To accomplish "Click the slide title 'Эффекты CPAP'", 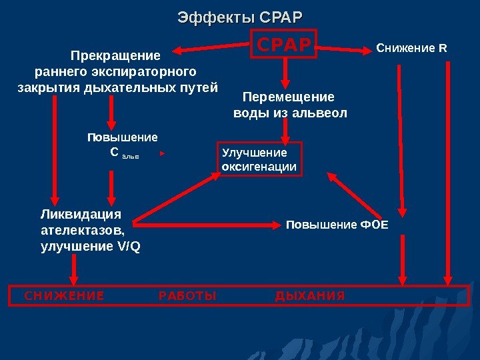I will (x=239, y=16).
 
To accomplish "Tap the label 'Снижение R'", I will (x=412, y=48).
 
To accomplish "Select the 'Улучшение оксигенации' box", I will (x=260, y=159).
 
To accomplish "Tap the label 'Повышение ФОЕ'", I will (x=337, y=225).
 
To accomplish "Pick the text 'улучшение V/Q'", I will (x=91, y=246).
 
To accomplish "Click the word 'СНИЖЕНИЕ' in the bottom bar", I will (x=64, y=295).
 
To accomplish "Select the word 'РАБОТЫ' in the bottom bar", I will (x=188, y=295).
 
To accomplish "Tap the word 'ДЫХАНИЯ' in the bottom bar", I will (x=310, y=295).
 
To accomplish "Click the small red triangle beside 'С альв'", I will (x=162, y=153).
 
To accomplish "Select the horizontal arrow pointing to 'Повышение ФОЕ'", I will (x=207, y=225).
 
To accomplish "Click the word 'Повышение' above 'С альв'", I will (x=123, y=137).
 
